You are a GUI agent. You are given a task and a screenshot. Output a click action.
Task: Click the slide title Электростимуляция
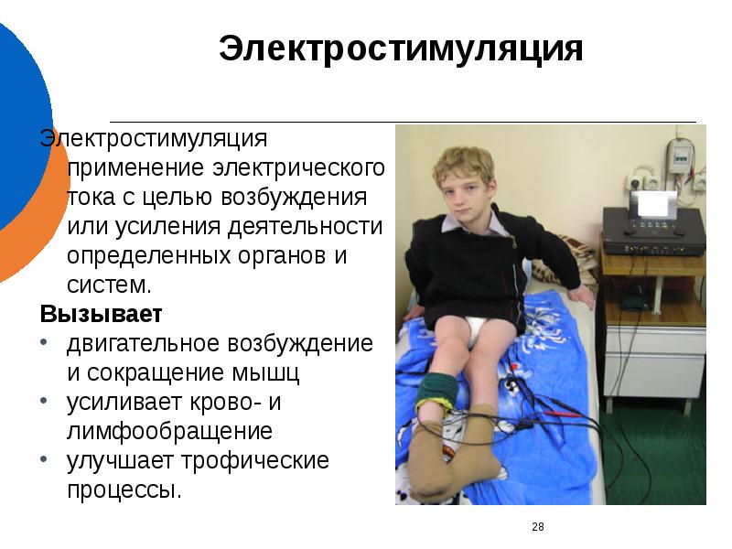click(x=401, y=49)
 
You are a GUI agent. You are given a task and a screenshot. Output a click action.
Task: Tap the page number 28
click(x=537, y=526)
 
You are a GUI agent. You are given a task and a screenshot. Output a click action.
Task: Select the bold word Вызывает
click(x=101, y=314)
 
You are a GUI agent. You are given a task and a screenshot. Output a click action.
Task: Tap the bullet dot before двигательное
click(x=45, y=344)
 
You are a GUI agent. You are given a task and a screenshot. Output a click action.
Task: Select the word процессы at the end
click(x=124, y=490)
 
